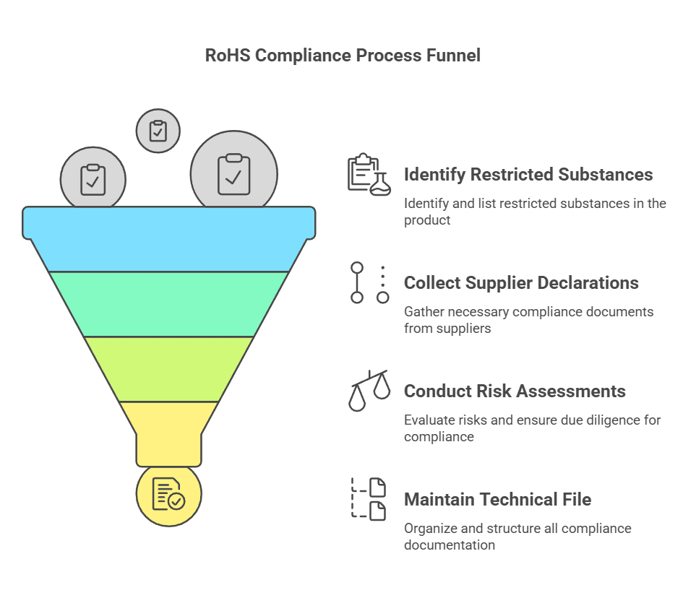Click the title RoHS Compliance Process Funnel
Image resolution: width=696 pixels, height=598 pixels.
click(343, 56)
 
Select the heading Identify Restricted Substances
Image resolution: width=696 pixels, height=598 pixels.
click(528, 175)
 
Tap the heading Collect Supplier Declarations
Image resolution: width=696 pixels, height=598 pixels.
click(521, 283)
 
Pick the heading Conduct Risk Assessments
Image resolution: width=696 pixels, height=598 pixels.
click(515, 391)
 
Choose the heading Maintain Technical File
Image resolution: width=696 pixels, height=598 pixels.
click(497, 500)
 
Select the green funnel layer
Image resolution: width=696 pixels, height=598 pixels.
click(169, 303)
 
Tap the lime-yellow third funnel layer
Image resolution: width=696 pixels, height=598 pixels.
click(169, 368)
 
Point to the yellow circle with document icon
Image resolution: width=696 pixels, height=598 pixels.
click(168, 495)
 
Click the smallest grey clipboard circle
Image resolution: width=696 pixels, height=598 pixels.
click(158, 131)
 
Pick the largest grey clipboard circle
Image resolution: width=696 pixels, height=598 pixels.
click(234, 174)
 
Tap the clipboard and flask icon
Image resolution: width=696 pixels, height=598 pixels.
click(369, 175)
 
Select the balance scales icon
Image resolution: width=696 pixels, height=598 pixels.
click(369, 391)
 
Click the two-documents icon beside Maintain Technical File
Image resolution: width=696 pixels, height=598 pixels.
click(369, 498)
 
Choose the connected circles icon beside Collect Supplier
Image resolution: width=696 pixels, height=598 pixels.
click(369, 282)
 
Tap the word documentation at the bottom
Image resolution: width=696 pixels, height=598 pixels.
click(450, 545)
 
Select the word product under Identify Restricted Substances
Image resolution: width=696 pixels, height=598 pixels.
click(427, 220)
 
